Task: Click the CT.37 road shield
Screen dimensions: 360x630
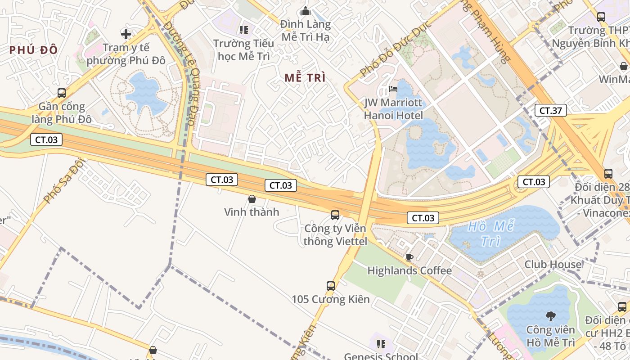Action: point(550,110)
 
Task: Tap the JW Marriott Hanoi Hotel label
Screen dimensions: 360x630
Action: point(393,109)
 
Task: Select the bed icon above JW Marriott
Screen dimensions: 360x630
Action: point(393,89)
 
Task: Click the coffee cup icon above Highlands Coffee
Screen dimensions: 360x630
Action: point(409,257)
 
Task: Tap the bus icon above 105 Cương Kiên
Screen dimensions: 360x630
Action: point(331,286)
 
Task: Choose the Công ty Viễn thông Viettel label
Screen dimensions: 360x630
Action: point(335,235)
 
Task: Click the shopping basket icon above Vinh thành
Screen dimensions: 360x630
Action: point(252,198)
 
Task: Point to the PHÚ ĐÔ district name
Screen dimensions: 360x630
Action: point(34,50)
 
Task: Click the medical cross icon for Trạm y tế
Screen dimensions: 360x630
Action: point(126,34)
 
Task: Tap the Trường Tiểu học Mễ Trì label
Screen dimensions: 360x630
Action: point(243,50)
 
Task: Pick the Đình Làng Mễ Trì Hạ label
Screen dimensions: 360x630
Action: point(306,31)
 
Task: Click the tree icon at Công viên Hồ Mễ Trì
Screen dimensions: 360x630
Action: point(550,316)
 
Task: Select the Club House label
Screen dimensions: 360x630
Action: point(553,265)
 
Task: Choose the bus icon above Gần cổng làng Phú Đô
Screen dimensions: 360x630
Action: point(62,93)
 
